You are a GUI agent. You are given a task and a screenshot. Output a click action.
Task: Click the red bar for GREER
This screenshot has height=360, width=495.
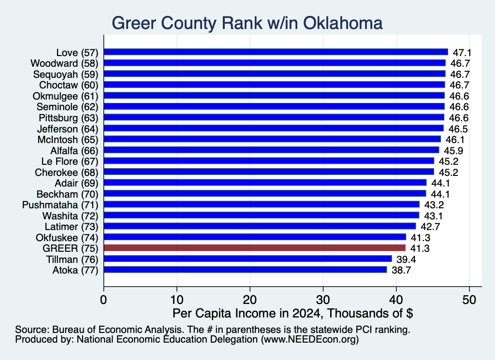pyautogui.click(x=254, y=248)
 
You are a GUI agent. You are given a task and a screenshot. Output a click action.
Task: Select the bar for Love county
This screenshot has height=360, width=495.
pyautogui.click(x=276, y=52)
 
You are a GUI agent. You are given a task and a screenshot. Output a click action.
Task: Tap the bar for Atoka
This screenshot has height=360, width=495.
pyautogui.click(x=245, y=270)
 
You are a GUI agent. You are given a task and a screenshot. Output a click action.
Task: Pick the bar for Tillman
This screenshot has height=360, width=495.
pyautogui.click(x=248, y=259)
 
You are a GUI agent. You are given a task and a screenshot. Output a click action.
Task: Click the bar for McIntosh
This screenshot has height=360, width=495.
pyautogui.click(x=272, y=139)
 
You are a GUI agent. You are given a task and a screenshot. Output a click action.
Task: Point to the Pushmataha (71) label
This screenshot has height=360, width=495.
pyautogui.click(x=60, y=205)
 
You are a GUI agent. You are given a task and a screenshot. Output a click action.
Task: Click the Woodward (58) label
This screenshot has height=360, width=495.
pyautogui.click(x=64, y=63)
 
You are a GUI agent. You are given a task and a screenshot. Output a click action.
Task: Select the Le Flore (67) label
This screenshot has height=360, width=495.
pyautogui.click(x=70, y=161)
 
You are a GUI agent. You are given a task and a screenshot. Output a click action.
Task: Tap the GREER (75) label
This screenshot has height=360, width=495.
pyautogui.click(x=71, y=248)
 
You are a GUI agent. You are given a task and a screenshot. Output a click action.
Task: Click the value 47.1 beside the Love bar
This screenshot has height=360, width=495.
pyautogui.click(x=462, y=53)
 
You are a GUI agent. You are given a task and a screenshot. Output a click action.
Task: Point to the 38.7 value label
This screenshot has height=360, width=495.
pyautogui.click(x=401, y=271)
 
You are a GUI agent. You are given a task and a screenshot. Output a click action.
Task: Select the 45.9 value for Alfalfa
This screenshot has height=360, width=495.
pyautogui.click(x=453, y=151)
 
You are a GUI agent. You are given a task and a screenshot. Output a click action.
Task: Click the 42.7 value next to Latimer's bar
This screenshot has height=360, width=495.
pyautogui.click(x=430, y=227)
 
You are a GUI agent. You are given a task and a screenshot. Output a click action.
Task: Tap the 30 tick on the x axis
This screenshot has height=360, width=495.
pyautogui.click(x=323, y=300)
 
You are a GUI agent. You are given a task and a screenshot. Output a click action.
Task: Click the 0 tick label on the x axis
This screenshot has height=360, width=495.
pyautogui.click(x=103, y=300)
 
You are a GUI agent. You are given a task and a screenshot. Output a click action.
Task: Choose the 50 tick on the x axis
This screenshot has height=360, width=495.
pyautogui.click(x=469, y=300)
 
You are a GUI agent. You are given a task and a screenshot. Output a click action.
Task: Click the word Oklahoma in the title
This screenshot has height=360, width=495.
pyautogui.click(x=343, y=23)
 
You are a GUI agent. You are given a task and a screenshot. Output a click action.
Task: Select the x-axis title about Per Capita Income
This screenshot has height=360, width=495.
pyautogui.click(x=292, y=313)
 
